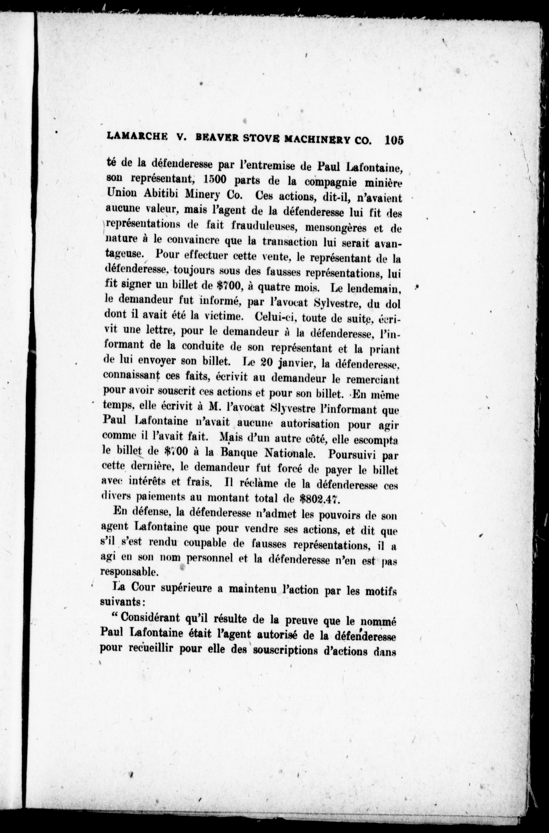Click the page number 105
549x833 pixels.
pos(394,140)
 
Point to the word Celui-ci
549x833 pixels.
pos(276,317)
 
